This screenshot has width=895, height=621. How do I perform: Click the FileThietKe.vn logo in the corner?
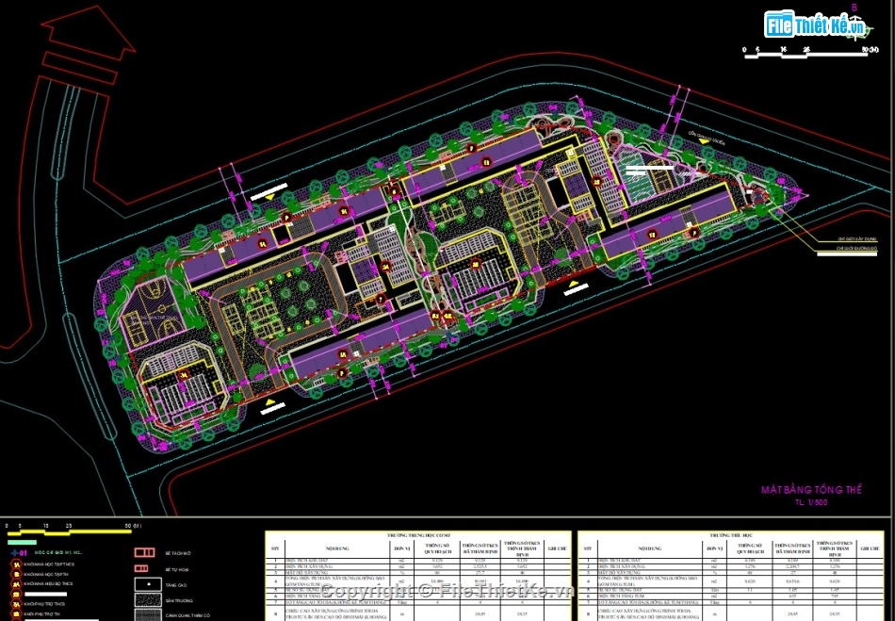816,25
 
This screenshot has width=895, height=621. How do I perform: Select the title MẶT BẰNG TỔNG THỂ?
811,491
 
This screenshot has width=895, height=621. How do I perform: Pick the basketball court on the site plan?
142,304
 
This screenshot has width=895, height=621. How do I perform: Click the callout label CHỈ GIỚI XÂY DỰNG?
856,240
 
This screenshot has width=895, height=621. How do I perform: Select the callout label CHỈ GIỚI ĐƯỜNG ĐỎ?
856,252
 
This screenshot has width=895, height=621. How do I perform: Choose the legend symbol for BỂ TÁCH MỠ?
144,552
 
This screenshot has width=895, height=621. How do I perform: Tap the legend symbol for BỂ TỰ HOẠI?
144,568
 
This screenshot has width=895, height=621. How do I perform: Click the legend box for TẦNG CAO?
144,584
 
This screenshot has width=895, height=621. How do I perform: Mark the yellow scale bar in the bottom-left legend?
75,531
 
